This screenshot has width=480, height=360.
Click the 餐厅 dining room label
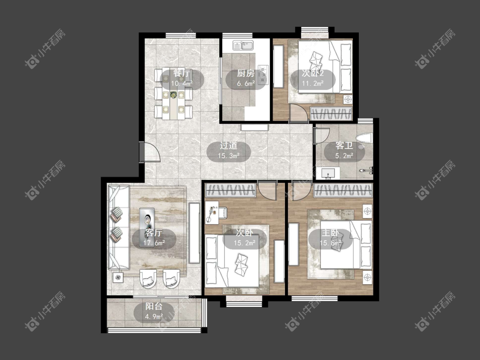182,73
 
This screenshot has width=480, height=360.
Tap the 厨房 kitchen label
246,73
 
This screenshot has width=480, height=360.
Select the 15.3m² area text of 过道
228,156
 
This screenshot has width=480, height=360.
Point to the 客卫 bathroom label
344,145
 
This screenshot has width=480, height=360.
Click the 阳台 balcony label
154,306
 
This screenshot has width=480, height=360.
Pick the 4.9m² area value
154,316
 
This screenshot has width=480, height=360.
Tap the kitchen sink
243,45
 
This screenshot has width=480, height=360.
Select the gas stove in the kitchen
263,75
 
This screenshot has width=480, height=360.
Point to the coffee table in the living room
148,219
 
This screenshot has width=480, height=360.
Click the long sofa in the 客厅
118,227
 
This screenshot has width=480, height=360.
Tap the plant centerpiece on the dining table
173,95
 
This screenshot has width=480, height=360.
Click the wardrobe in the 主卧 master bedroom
343,190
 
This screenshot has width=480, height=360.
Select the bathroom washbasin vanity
328,173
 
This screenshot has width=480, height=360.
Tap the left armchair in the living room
148,279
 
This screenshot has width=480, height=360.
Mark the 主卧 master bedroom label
330,233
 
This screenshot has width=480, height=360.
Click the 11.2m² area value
313,83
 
